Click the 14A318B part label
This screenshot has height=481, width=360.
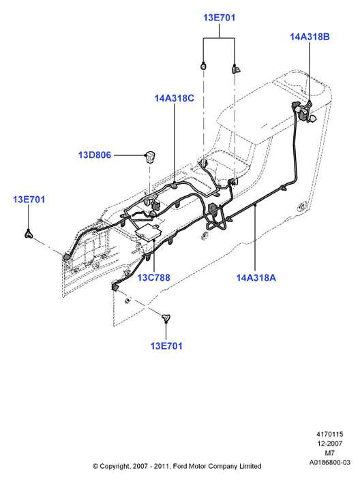click(x=310, y=37)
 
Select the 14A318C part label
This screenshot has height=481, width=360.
click(x=175, y=99)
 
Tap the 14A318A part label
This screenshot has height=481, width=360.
click(x=256, y=278)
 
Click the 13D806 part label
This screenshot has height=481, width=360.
click(x=95, y=155)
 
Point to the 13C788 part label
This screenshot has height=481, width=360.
click(x=153, y=277)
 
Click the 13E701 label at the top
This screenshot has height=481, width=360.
click(x=219, y=18)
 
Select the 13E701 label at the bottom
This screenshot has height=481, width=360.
click(x=166, y=346)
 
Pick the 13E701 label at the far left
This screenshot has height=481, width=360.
click(x=29, y=200)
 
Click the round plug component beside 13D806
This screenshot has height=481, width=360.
click(x=150, y=157)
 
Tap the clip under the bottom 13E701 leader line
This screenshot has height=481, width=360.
click(x=166, y=318)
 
